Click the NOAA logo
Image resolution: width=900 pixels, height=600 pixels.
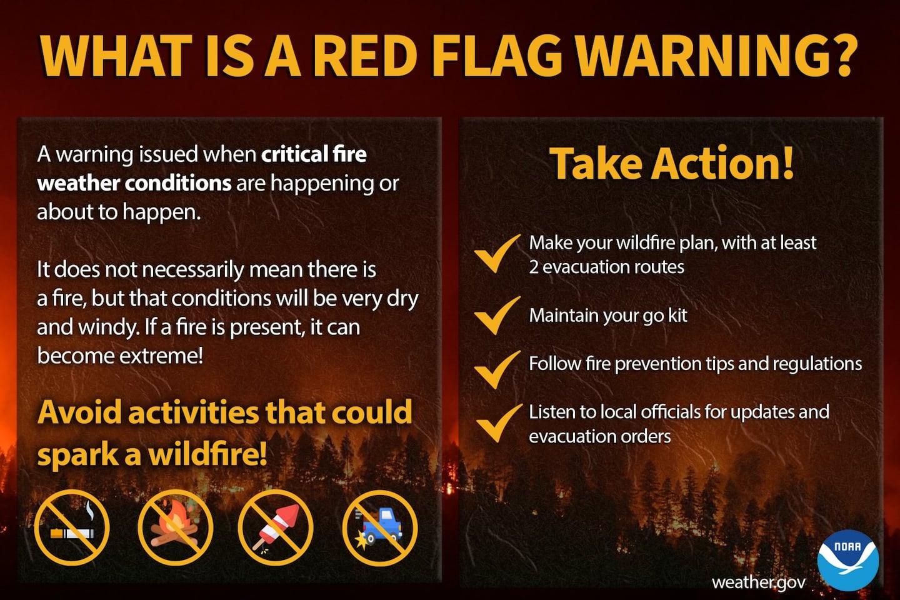848,560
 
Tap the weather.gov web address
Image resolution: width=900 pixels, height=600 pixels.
759,582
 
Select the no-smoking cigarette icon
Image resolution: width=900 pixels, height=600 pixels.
72,527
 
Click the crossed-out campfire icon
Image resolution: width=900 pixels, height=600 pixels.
175,527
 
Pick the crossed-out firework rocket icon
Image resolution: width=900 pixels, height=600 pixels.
276,527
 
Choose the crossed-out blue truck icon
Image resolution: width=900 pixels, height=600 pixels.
380,527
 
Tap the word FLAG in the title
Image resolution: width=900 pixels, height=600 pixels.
497,56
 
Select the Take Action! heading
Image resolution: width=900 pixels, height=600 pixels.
671,162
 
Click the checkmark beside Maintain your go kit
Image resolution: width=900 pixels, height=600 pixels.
497,316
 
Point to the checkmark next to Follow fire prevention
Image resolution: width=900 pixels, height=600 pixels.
497,370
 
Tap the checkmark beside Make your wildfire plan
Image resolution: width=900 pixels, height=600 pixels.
497,254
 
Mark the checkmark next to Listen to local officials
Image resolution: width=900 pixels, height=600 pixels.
499,422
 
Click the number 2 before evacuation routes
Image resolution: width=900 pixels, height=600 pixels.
534,267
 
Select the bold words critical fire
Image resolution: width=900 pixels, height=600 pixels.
314,154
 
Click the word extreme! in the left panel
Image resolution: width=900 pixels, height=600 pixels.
161,356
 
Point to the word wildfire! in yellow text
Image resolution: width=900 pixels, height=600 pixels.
208,454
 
